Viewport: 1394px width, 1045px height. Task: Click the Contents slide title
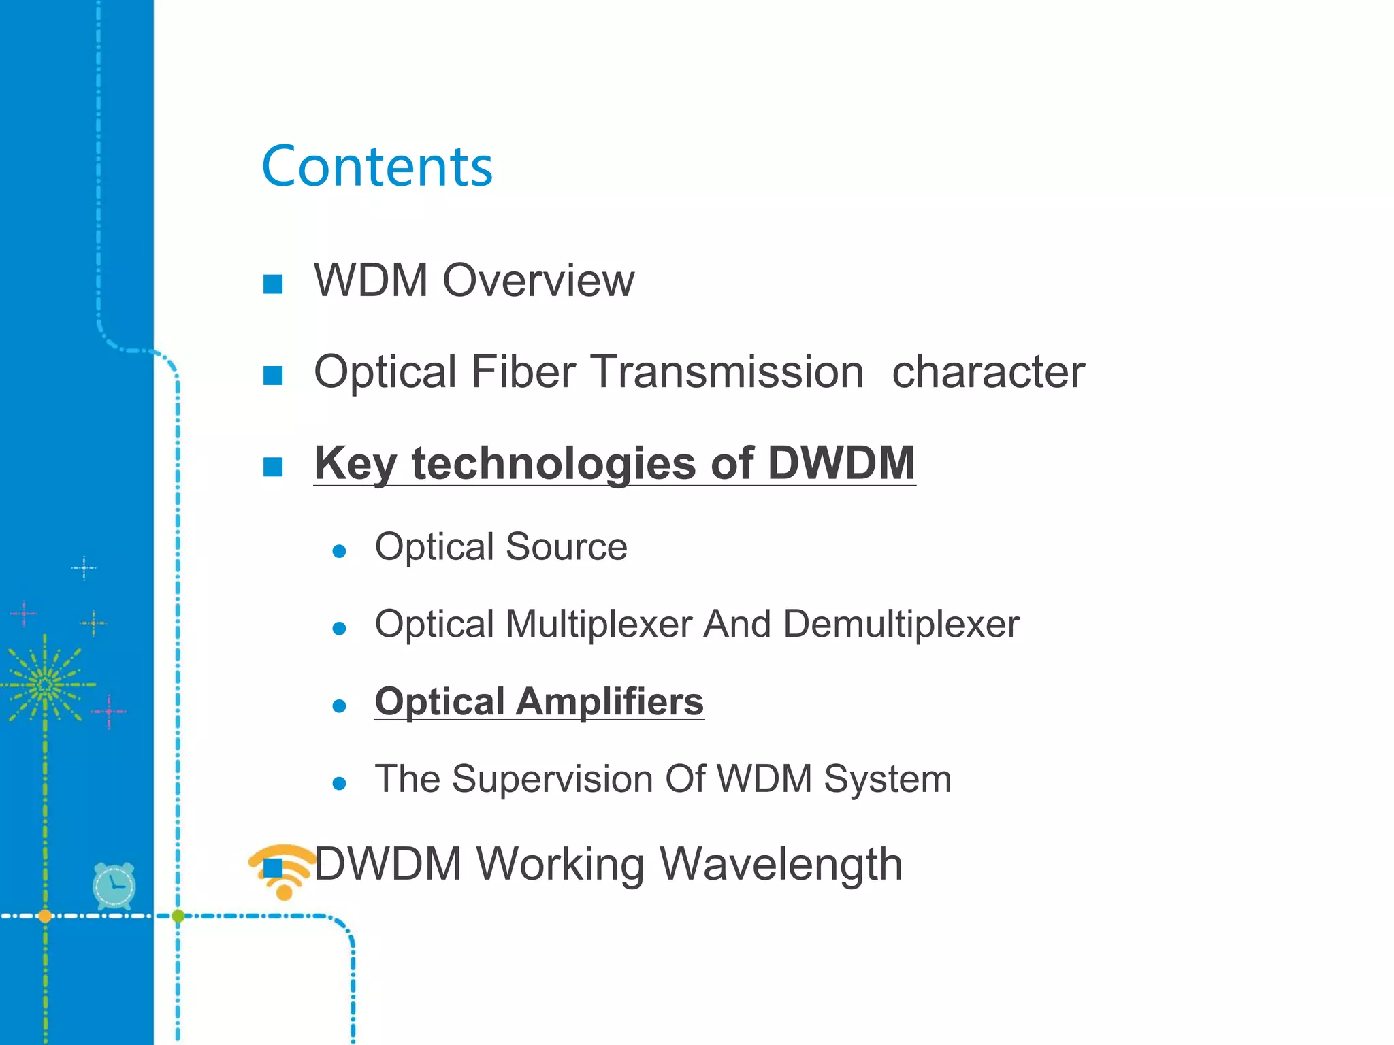coord(377,167)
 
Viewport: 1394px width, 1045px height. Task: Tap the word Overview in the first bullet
coord(538,280)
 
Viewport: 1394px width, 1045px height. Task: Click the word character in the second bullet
coord(988,372)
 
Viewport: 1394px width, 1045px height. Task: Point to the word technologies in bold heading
coord(553,464)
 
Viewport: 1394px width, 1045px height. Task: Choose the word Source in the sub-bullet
coord(566,547)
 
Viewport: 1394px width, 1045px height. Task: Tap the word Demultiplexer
coord(901,624)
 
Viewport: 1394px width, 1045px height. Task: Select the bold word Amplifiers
coord(609,701)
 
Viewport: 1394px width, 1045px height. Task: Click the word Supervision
coord(552,779)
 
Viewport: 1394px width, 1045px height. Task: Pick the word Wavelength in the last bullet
coord(781,864)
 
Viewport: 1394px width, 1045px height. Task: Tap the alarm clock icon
coord(114,886)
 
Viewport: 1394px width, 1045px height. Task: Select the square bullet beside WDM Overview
coord(273,284)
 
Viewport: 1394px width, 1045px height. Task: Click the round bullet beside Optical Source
coord(339,551)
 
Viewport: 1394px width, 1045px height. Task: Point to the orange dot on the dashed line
coord(45,916)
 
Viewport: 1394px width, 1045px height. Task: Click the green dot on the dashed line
coord(178,916)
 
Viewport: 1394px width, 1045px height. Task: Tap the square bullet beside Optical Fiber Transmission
coord(273,376)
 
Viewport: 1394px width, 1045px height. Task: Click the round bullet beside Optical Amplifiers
coord(339,706)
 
